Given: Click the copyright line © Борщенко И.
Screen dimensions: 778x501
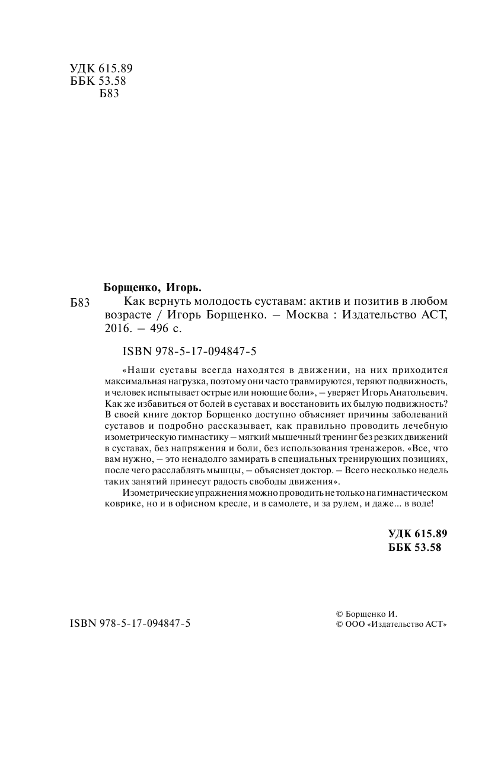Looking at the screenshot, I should [x=366, y=614].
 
